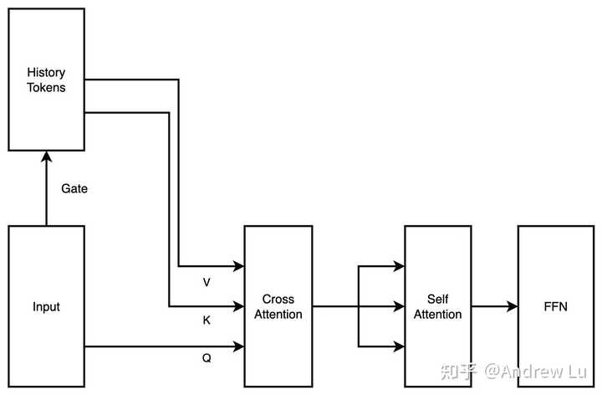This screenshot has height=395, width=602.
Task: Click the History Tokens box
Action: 47,80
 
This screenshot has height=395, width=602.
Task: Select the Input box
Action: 47,306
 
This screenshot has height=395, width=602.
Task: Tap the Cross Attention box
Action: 278,306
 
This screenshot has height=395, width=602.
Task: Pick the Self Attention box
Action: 438,306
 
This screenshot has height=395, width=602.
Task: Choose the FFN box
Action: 556,306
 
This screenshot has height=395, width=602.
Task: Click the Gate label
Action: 74,188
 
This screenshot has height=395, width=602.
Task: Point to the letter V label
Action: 207,282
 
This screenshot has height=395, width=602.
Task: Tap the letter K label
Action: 207,320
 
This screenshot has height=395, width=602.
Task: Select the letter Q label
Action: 207,358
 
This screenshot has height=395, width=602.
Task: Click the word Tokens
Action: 47,88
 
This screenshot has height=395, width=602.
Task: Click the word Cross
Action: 278,299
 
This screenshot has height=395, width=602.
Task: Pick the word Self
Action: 438,299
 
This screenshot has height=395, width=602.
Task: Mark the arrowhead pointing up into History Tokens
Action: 47,156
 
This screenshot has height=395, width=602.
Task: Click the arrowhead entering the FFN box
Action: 513,306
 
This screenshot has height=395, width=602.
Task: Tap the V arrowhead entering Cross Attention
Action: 239,266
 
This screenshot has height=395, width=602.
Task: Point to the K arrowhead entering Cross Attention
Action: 239,306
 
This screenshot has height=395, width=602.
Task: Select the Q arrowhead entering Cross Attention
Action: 239,346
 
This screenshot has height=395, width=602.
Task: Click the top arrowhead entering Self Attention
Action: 399,266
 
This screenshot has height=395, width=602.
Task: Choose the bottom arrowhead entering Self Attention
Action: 399,346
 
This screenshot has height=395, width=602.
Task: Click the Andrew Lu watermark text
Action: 536,372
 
